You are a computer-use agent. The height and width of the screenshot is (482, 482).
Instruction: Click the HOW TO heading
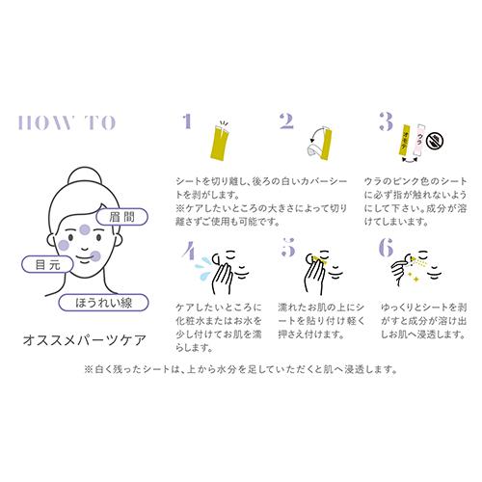pos(67,122)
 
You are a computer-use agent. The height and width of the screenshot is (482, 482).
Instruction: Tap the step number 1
pos(187,121)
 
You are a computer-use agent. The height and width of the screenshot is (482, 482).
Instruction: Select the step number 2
pos(286,121)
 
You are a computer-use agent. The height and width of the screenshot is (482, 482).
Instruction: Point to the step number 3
pos(386,121)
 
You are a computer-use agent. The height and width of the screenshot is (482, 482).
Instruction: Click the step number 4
pos(189,251)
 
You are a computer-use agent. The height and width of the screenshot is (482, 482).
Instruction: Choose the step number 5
pos(288,248)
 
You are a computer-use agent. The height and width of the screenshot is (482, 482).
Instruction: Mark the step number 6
pos(386,248)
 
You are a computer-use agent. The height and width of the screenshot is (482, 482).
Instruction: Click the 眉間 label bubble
pos(121,217)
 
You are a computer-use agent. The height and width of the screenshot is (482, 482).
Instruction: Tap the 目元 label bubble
pos(47,265)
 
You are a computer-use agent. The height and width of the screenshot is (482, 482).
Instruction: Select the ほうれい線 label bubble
pos(103,303)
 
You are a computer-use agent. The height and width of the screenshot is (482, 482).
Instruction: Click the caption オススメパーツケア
pos(85,340)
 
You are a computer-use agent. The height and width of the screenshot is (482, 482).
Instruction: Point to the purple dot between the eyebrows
pos(85,229)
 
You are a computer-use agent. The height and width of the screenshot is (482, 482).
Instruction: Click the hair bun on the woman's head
pos(85,175)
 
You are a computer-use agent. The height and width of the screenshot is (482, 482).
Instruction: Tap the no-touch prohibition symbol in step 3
pos(435,140)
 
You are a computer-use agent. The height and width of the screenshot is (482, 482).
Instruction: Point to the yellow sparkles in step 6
pos(413,278)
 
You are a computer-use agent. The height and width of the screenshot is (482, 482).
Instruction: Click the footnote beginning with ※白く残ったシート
pos(241,369)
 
